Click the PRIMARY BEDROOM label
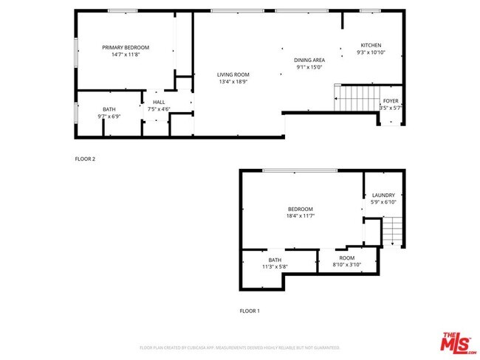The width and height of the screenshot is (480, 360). click(x=126, y=47)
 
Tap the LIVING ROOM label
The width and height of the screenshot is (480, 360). click(x=233, y=75)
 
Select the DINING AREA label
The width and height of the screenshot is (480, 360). click(x=309, y=60)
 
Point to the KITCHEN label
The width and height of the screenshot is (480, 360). click(x=371, y=46)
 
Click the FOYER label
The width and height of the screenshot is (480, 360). click(x=390, y=101)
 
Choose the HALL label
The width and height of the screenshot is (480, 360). click(x=159, y=103)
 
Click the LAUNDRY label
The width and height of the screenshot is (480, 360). click(x=383, y=195)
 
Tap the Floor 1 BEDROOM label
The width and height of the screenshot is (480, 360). click(x=301, y=209)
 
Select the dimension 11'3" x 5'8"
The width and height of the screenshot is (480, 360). click(x=275, y=266)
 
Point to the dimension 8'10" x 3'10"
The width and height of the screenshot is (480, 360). click(x=347, y=264)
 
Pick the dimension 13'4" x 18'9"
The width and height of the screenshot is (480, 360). click(x=233, y=82)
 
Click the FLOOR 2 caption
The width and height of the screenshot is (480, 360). click(x=85, y=159)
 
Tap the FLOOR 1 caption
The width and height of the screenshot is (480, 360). click(x=250, y=311)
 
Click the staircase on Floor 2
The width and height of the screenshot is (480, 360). click(x=356, y=97)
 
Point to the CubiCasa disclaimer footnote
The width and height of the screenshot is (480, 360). click(x=239, y=347)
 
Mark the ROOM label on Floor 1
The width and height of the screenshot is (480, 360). click(x=347, y=257)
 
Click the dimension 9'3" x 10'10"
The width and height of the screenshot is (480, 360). click(x=371, y=53)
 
